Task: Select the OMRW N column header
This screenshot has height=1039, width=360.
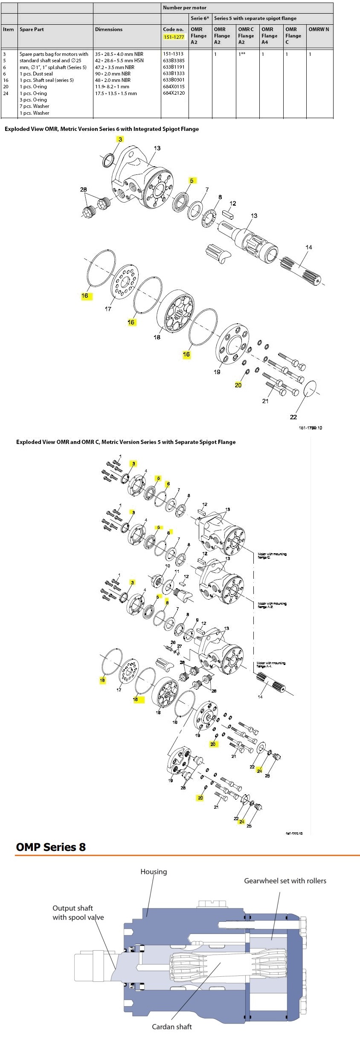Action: pyautogui.click(x=319, y=29)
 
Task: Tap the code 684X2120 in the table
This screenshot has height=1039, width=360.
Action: pyautogui.click(x=174, y=93)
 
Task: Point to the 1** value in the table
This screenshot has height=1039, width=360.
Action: pyautogui.click(x=242, y=54)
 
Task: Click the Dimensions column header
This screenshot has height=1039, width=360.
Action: pyautogui.click(x=109, y=29)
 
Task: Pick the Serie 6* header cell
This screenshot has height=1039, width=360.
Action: pyautogui.click(x=200, y=18)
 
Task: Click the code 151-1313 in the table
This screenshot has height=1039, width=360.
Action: pyautogui.click(x=173, y=54)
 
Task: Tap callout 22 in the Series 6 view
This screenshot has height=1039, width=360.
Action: pyautogui.click(x=293, y=417)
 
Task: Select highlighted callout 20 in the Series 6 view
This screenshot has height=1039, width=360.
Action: pyautogui.click(x=238, y=385)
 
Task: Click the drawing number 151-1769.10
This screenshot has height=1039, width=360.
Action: pyautogui.click(x=310, y=428)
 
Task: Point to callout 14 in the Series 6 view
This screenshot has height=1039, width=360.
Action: pyautogui.click(x=309, y=247)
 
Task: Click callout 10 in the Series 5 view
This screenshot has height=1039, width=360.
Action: pyautogui.click(x=168, y=566)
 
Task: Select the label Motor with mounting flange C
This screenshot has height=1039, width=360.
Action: pyautogui.click(x=272, y=556)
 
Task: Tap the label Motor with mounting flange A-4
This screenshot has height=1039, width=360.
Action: pyautogui.click(x=271, y=665)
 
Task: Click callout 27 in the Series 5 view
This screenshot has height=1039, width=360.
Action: pyautogui.click(x=180, y=646)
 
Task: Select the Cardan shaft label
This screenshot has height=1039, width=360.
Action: pyautogui.click(x=172, y=1026)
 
